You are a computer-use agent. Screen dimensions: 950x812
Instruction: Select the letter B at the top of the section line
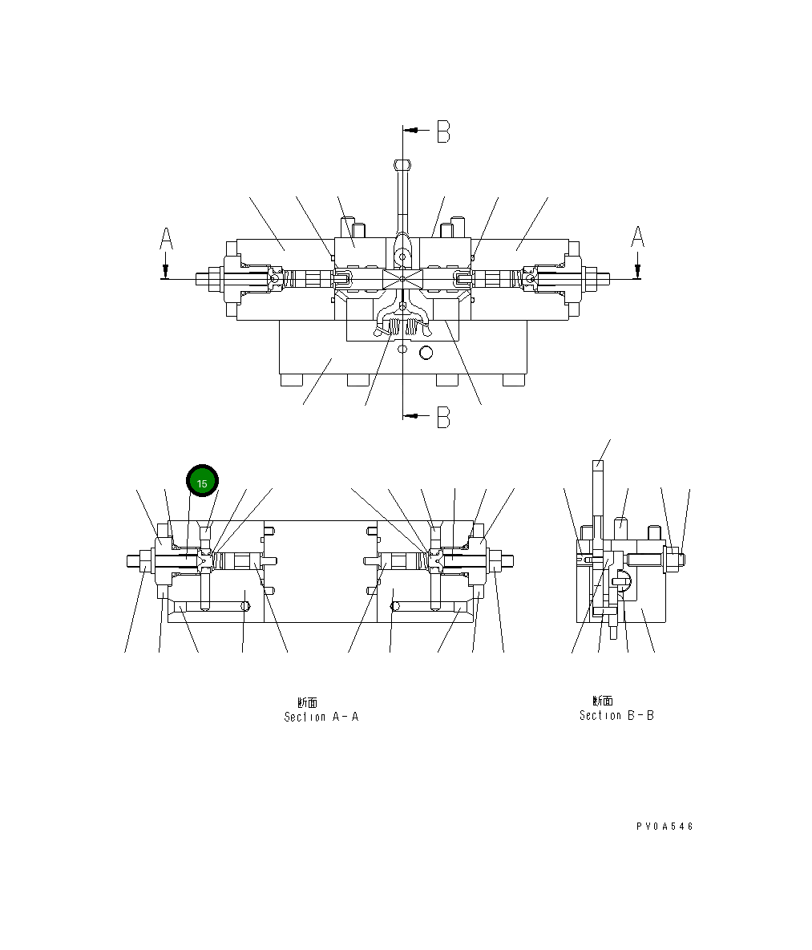pos(443,131)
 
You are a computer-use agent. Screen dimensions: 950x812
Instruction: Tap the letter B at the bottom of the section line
pos(443,417)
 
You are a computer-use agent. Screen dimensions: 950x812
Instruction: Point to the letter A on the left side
pos(166,238)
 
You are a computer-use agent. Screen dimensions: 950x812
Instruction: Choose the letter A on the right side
pos(637,237)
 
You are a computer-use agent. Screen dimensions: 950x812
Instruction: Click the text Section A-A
pos(321,717)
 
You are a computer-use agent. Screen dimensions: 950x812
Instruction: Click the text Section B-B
pos(616,715)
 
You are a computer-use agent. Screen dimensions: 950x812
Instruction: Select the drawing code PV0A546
pos(665,827)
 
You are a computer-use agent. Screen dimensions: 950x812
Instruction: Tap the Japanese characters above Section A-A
pos(307,702)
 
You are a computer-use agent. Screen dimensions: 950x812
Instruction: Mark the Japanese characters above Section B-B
pos(603,701)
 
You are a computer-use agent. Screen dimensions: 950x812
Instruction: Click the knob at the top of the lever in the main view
pos(402,165)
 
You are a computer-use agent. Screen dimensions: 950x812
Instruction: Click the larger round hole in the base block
pos(426,352)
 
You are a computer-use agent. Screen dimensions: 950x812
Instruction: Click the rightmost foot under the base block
pos(513,380)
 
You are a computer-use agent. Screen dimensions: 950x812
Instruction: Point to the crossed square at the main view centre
pos(402,279)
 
